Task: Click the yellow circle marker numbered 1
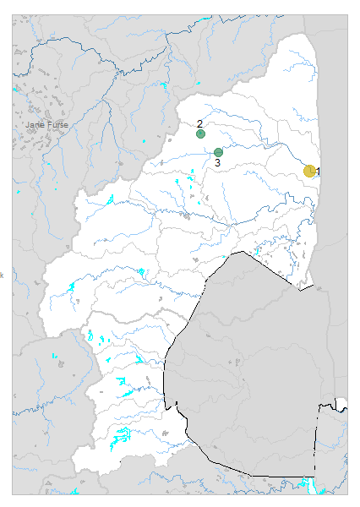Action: pos(310,171)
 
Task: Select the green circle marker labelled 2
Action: pos(200,134)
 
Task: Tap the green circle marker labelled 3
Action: pos(218,153)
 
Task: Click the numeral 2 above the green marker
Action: pos(199,123)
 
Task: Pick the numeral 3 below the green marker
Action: pos(217,162)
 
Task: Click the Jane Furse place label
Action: pos(46,124)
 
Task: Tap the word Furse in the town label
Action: pos(57,124)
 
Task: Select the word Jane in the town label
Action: pos(35,124)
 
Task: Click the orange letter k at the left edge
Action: pos(2,274)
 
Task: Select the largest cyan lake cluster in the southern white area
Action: pos(123,437)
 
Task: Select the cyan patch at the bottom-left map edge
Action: pos(75,492)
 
